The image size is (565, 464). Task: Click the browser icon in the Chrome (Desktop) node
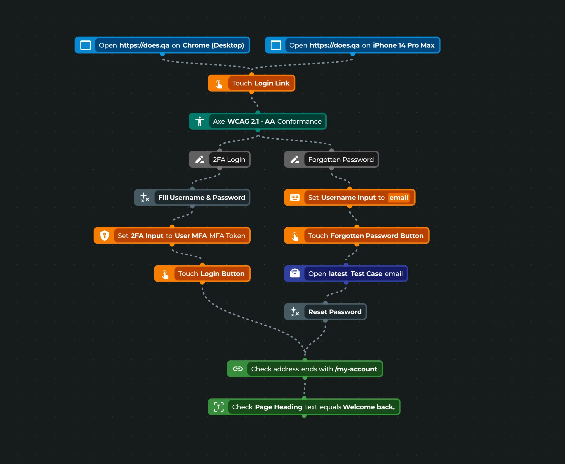[x=85, y=45]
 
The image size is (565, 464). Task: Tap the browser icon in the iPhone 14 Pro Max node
[x=276, y=45]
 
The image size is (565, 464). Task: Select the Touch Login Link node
[x=260, y=83]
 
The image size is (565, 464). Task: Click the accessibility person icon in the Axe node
[x=200, y=121]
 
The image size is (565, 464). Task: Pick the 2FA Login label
[x=229, y=159]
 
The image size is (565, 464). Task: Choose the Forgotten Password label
[x=341, y=159]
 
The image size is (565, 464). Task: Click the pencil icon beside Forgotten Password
[x=295, y=159]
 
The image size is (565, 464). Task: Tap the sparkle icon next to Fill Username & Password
[x=145, y=197]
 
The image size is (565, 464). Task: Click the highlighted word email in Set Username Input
[x=398, y=197]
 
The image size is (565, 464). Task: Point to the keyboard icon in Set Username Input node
[x=295, y=197]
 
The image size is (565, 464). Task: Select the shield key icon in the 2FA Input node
[x=104, y=236]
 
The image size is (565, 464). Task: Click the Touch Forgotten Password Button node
[x=365, y=236]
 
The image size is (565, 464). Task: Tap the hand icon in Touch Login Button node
[x=165, y=274]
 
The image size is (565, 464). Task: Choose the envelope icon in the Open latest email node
[x=295, y=273]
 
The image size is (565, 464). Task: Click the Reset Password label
[x=335, y=312]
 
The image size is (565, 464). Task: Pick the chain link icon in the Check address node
[x=238, y=369]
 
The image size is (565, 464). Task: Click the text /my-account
[x=356, y=369]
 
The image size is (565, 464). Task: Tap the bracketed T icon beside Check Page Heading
[x=219, y=407]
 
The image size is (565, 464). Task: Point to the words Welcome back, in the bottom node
[x=369, y=407]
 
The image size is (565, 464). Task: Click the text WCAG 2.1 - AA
[x=251, y=121]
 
